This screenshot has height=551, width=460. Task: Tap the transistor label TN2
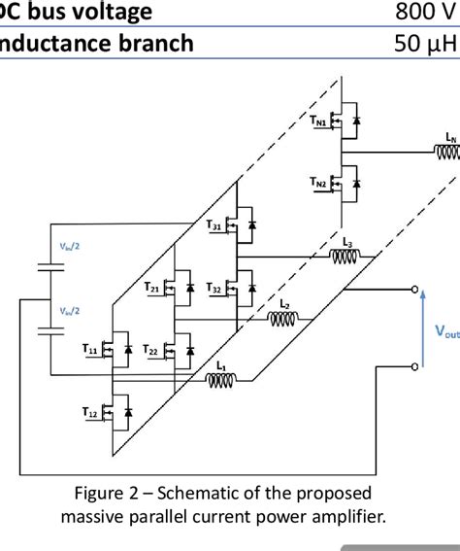[x=319, y=181]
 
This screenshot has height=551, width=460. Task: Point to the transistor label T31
[x=215, y=224]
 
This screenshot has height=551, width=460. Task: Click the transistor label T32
[x=215, y=290]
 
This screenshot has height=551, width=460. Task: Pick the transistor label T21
[x=153, y=288]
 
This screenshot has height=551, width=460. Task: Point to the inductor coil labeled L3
[x=345, y=258]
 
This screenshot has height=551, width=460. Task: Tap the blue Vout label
[x=447, y=331]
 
